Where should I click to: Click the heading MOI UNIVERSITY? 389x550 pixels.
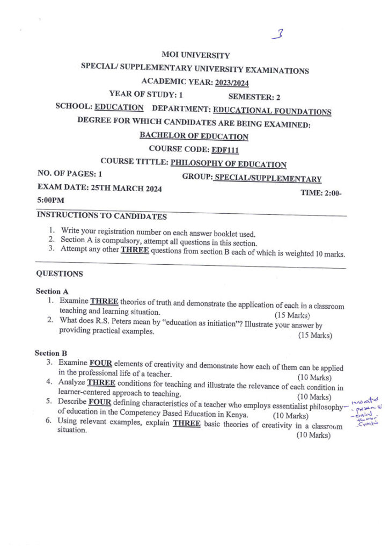pos(195,55)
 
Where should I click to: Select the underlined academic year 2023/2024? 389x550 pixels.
pos(231,83)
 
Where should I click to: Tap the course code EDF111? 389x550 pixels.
pos(225,150)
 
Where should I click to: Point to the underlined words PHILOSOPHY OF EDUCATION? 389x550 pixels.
pos(228,164)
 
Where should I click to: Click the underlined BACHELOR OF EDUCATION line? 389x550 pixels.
pos(194,136)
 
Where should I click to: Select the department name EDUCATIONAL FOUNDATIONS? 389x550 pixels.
pos(272,111)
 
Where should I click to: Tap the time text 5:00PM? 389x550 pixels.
pos(50,200)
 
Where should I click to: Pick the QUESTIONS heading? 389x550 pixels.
pos(60,274)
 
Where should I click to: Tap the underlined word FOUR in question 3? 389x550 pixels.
pos(100,363)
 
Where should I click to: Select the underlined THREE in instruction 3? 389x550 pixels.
pos(135,250)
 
